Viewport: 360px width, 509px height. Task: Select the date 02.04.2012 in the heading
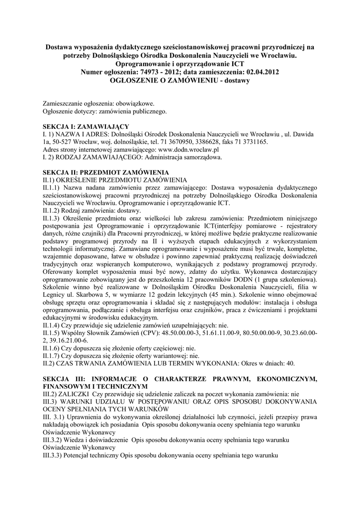(x=260, y=72)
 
